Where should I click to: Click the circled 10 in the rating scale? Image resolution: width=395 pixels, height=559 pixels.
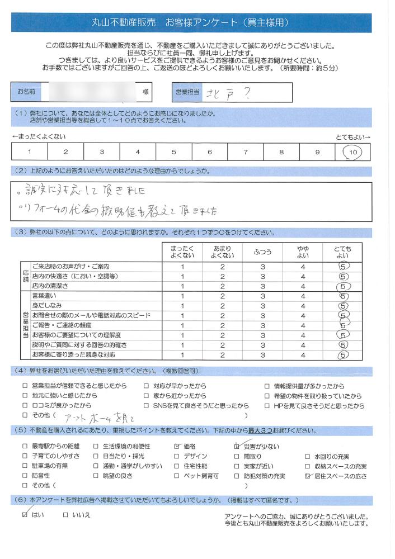[352, 151]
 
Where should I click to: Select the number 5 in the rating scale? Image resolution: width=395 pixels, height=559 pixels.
[173, 151]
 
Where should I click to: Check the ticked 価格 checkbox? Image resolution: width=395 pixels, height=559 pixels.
[177, 446]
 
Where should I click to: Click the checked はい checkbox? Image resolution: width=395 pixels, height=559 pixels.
[25, 514]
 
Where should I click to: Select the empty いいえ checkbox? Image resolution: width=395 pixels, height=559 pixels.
[65, 514]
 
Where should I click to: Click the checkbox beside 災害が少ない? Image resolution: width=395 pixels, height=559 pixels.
[237, 446]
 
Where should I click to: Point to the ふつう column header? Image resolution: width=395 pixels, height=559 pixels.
[262, 252]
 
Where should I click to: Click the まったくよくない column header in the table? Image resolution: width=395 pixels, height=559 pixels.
[182, 252]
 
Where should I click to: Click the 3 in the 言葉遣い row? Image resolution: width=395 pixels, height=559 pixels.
[262, 296]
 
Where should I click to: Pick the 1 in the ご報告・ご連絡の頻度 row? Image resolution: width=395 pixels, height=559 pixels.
[182, 325]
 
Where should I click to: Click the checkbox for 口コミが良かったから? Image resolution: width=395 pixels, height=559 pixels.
[25, 405]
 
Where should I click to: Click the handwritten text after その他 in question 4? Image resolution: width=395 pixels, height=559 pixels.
[98, 418]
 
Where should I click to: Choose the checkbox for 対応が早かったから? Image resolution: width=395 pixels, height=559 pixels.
[146, 386]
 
